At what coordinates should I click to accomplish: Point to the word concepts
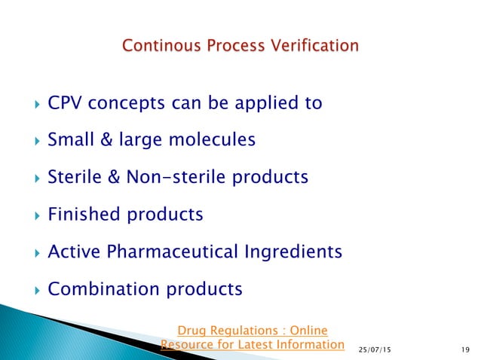[121, 102]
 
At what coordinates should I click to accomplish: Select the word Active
[70, 252]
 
